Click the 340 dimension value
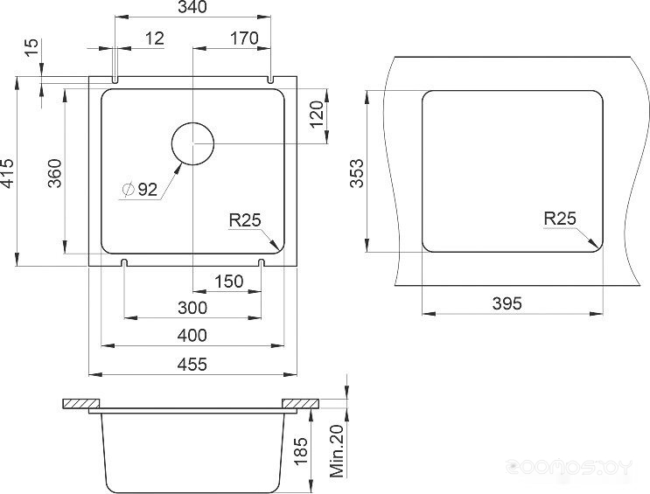click(x=192, y=7)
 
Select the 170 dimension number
click(x=244, y=38)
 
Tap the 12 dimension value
click(x=155, y=38)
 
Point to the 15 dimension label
click(x=31, y=48)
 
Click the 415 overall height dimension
click(x=8, y=172)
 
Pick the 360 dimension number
click(x=55, y=173)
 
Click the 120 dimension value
click(x=317, y=115)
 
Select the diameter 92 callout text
click(x=140, y=190)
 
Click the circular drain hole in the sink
click(x=192, y=143)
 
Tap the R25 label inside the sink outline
click(x=245, y=220)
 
